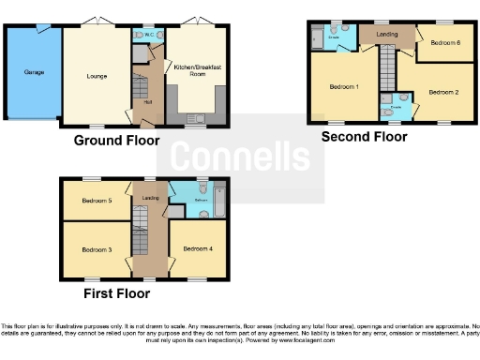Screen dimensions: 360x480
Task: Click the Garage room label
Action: pyautogui.click(x=22, y=70)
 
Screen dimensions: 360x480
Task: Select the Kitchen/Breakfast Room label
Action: pyautogui.click(x=195, y=70)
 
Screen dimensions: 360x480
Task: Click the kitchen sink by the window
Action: pyautogui.click(x=195, y=118)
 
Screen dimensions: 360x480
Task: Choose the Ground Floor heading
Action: pyautogui.click(x=116, y=141)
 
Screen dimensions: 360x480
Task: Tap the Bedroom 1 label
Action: pyautogui.click(x=344, y=87)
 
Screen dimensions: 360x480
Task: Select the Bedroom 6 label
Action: pyautogui.click(x=445, y=42)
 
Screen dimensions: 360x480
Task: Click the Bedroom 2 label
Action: pyautogui.click(x=443, y=92)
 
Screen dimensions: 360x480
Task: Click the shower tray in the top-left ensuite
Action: pyautogui.click(x=318, y=38)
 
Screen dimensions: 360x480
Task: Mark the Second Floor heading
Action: pyautogui.click(x=364, y=137)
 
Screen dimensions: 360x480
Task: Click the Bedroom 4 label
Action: pyautogui.click(x=197, y=248)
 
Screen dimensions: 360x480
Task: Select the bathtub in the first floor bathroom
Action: pyautogui.click(x=220, y=199)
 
